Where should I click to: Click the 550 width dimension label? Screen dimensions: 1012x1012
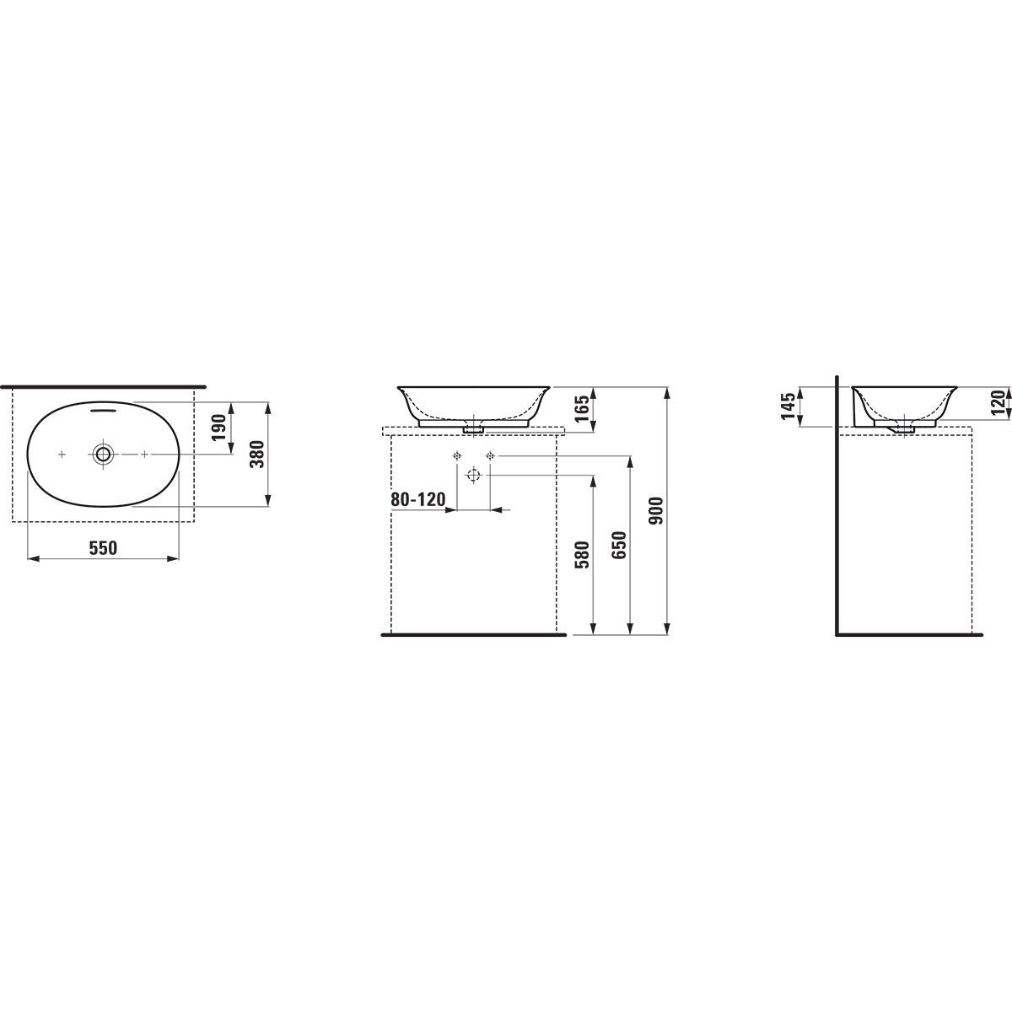point(103,548)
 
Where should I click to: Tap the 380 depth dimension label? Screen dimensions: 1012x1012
point(257,455)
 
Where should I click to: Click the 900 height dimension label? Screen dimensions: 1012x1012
point(656,511)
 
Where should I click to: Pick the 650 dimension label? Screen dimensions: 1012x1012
point(620,545)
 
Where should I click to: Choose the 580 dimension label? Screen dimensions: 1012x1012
point(583,555)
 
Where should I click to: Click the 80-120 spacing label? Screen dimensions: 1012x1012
point(418,499)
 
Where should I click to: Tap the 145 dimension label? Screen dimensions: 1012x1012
point(789,406)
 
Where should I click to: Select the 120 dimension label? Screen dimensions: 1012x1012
point(999,403)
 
